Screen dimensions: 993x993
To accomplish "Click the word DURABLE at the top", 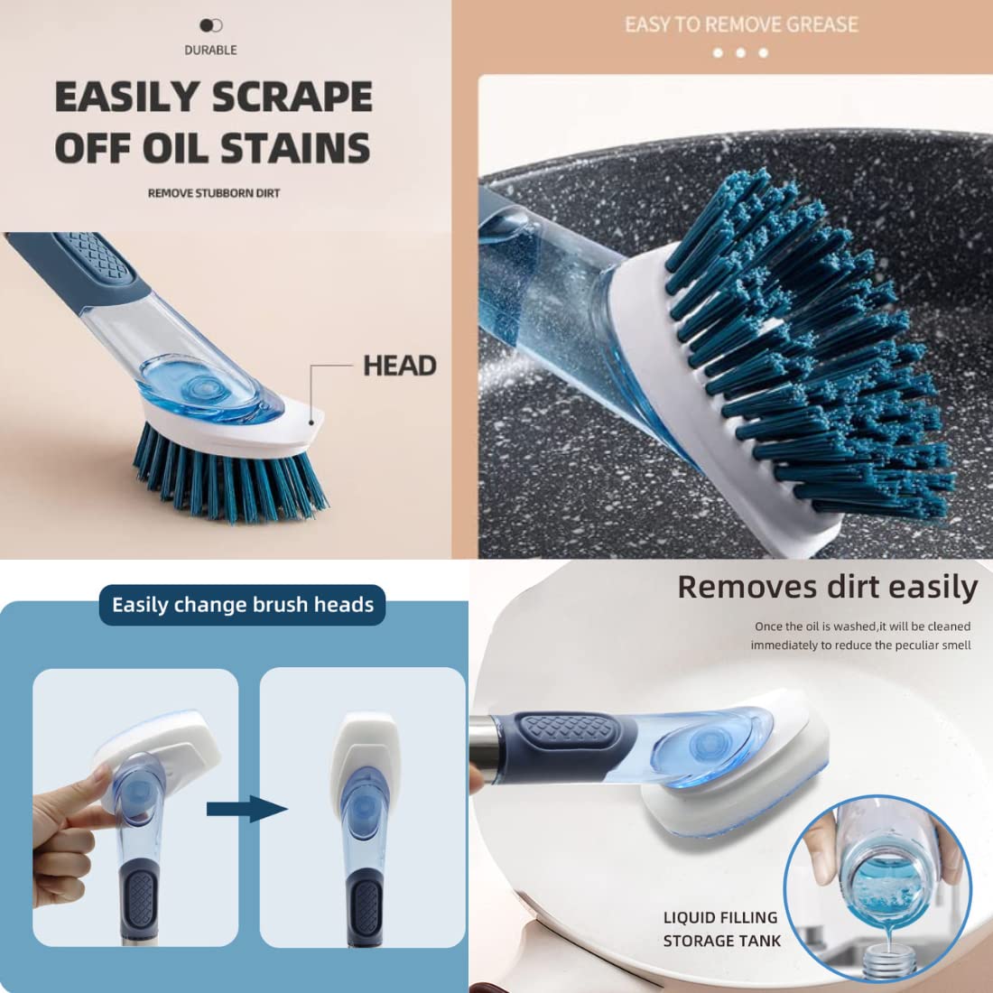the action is [211, 50].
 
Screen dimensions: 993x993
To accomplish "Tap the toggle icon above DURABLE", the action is [211, 25].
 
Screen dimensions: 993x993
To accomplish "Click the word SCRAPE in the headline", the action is [292, 97].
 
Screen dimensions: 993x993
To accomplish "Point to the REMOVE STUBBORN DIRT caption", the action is [214, 193].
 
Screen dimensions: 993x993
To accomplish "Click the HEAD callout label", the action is [400, 366].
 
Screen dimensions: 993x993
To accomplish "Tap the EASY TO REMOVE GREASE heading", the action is [741, 24].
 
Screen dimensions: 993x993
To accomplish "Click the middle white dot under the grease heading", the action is [740, 53].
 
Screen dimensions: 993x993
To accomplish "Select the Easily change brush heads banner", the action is [243, 605].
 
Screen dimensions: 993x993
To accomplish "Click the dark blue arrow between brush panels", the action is [247, 809].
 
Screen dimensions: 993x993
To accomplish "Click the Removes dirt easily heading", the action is [828, 587].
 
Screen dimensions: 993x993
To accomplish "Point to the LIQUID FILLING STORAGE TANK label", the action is [722, 929].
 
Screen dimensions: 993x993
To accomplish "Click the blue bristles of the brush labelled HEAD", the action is [230, 472].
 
